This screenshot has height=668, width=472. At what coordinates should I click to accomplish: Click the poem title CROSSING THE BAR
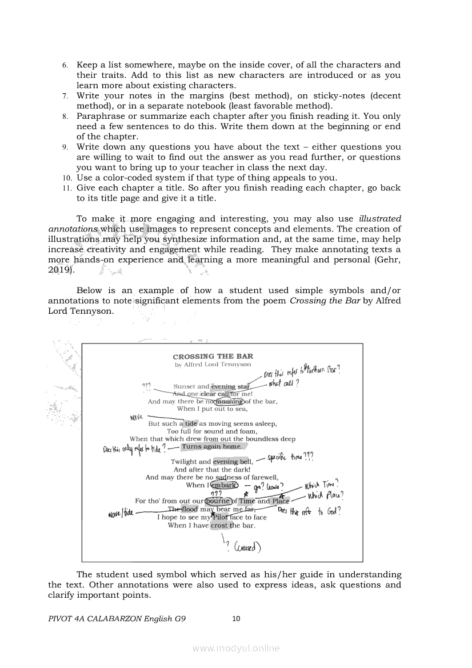point(213,357)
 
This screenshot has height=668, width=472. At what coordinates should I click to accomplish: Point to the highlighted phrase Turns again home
point(212,447)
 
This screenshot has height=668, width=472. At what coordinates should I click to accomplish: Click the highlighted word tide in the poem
point(191,424)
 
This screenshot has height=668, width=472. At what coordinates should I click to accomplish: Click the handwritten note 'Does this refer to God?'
point(309,511)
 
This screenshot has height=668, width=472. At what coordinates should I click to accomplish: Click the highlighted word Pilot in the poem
point(221,517)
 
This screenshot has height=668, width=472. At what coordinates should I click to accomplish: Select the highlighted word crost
point(219,525)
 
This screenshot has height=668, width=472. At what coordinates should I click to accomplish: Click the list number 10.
point(67,178)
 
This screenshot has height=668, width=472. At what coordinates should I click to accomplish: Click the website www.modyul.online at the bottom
point(236,648)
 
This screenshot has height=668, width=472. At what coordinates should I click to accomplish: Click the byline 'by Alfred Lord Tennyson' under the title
point(213,364)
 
